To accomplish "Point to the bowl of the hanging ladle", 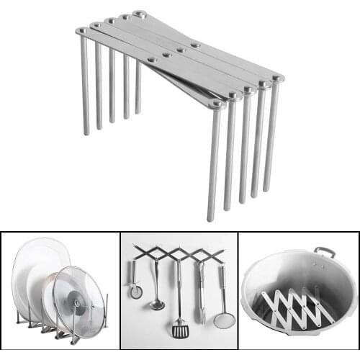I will (157, 305).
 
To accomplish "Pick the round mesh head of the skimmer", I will (224, 320).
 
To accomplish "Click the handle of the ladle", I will (155, 277).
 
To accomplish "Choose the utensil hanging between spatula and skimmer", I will (201, 292).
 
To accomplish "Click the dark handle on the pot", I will (325, 252).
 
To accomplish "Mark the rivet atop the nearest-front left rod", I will (81, 31).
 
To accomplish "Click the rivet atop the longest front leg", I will (217, 105).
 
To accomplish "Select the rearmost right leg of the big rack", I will (271, 137).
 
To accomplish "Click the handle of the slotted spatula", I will (179, 288).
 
